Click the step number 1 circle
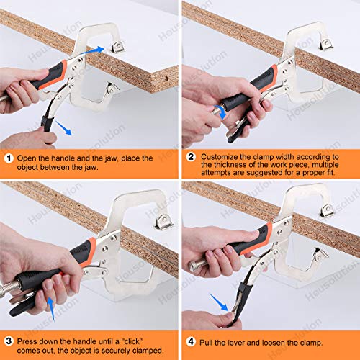pyautogui.click(x=8, y=158)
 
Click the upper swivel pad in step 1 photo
pyautogui.click(x=116, y=48)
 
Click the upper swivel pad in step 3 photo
pyautogui.click(x=164, y=220)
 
